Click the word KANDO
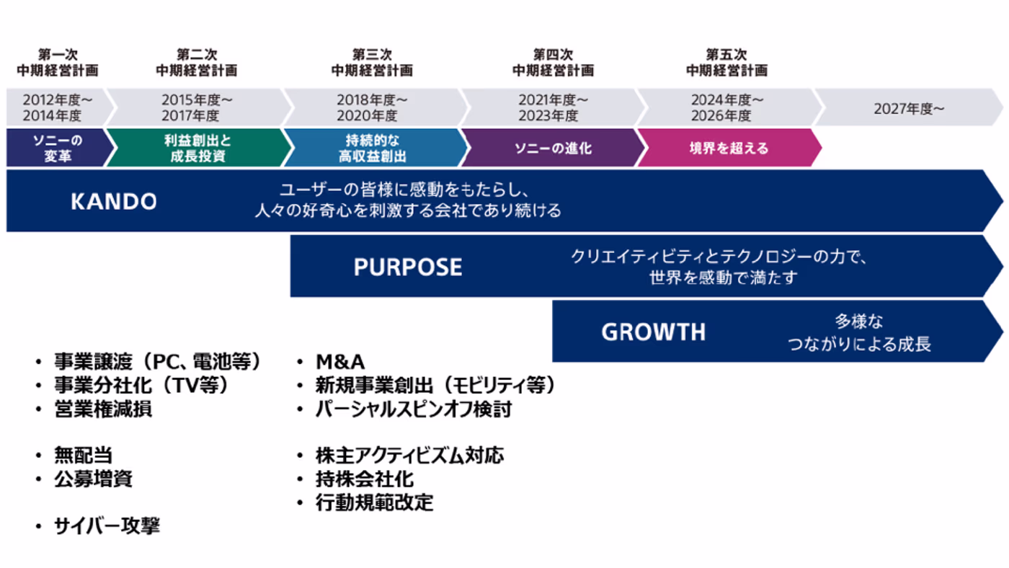click(x=114, y=201)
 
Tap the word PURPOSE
click(x=408, y=267)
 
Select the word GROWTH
click(x=653, y=332)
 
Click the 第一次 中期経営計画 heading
click(x=58, y=63)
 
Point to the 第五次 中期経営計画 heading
click(x=726, y=63)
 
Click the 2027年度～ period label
click(x=909, y=109)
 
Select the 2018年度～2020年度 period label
click(x=372, y=107)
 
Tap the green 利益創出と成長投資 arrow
click(x=198, y=148)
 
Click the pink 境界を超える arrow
click(x=729, y=148)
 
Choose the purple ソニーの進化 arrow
click(x=554, y=148)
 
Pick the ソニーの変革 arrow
click(x=58, y=148)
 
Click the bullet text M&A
click(x=340, y=362)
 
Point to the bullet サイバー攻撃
click(x=107, y=525)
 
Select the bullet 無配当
click(x=84, y=455)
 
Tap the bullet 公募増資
click(x=93, y=479)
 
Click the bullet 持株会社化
click(x=365, y=479)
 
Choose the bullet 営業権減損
click(x=103, y=409)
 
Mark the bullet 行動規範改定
click(x=374, y=502)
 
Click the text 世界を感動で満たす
click(x=724, y=278)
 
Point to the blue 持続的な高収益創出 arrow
click(x=374, y=148)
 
